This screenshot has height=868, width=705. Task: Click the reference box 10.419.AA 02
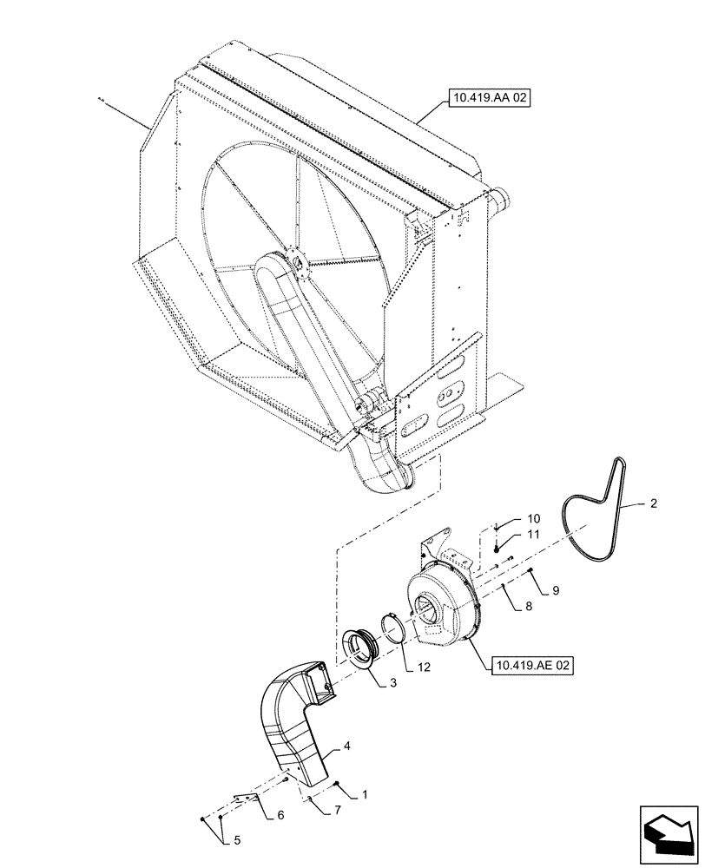tap(489, 100)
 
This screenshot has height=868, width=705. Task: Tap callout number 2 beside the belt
tap(654, 503)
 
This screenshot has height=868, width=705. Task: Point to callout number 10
tap(533, 518)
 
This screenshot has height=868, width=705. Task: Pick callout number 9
tap(556, 590)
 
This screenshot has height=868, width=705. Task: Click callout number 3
tap(392, 684)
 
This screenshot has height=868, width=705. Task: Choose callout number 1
tap(365, 793)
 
